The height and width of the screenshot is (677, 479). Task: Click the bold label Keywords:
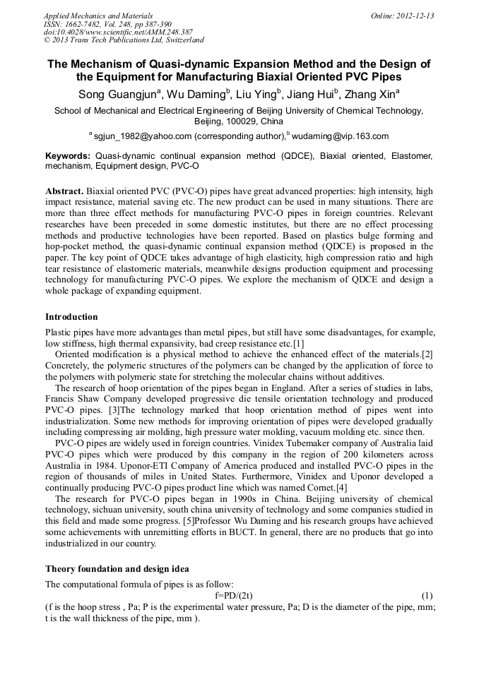point(68,155)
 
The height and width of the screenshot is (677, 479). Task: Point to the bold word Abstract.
point(64,192)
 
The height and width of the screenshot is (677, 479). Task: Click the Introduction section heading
point(71,317)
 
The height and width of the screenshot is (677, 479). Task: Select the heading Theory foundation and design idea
point(117,569)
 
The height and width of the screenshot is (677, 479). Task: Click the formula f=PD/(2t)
point(239,596)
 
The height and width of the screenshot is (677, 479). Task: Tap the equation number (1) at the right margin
point(426,596)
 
